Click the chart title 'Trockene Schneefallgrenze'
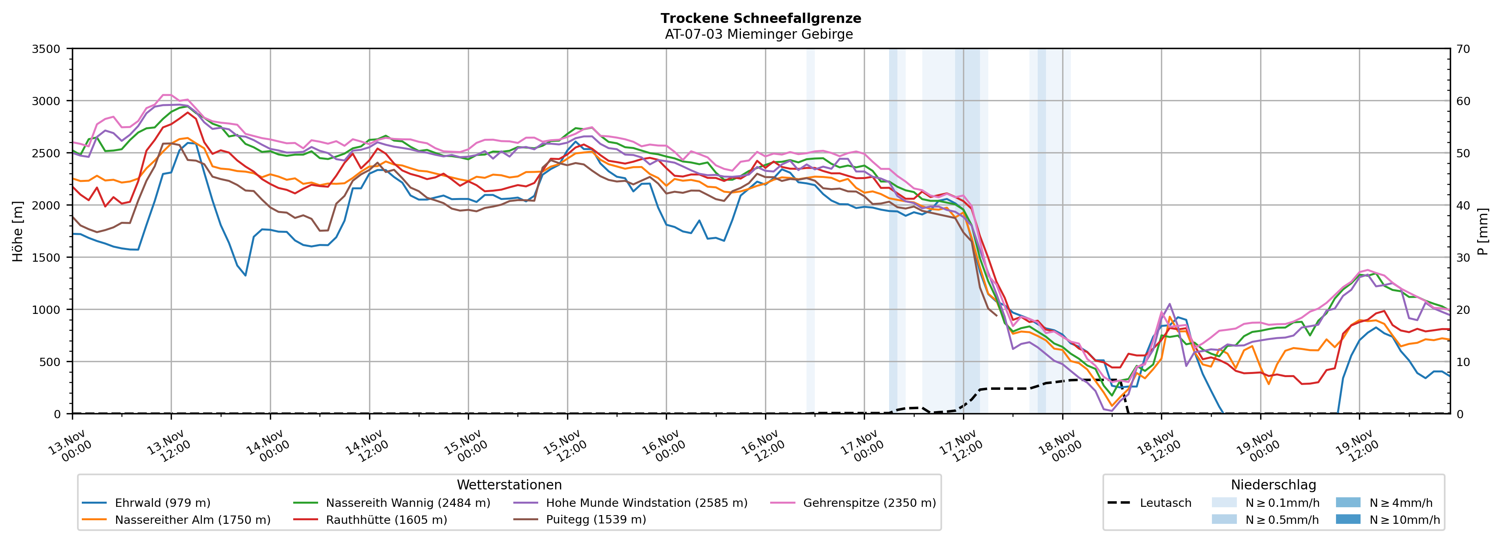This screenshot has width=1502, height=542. [x=760, y=18]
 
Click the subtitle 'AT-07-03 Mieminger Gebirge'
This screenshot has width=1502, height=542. [x=759, y=34]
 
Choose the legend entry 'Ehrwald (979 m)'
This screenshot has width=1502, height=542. [x=162, y=503]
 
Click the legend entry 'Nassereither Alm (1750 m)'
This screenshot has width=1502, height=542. [x=192, y=520]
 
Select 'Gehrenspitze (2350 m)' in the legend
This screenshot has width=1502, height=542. [x=869, y=503]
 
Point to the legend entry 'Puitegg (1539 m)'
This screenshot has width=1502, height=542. [x=596, y=520]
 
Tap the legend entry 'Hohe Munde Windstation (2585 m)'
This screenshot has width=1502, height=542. [x=646, y=503]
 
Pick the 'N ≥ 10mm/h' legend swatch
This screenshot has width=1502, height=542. [x=1347, y=519]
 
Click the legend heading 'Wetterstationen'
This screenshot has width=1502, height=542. [x=509, y=485]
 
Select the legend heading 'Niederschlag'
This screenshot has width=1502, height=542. [x=1273, y=485]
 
